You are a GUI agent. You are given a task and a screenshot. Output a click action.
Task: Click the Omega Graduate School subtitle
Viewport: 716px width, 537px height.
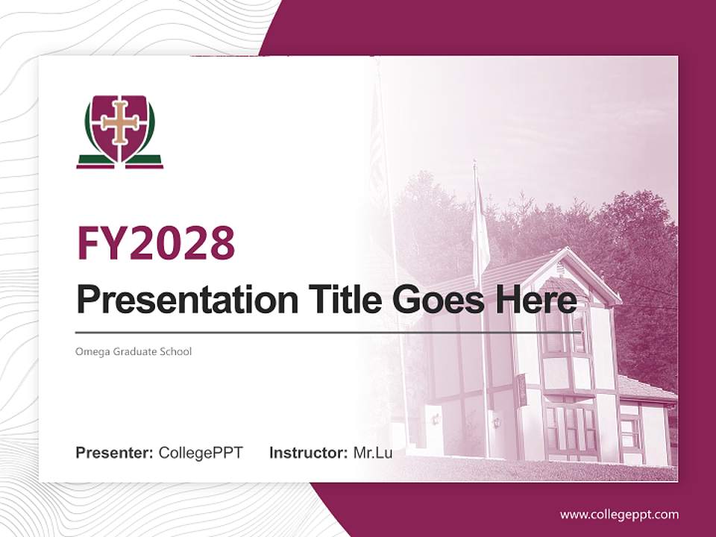point(134,351)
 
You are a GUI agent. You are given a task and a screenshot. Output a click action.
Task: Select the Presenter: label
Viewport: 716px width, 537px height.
point(115,453)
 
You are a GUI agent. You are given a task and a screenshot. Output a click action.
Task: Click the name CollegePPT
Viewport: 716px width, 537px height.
point(201,453)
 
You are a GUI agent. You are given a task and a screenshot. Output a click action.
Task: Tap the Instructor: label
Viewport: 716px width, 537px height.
point(308,453)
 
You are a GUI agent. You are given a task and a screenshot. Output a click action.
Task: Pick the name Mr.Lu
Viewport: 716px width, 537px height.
point(372,453)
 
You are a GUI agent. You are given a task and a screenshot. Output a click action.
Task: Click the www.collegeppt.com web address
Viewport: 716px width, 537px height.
point(619,515)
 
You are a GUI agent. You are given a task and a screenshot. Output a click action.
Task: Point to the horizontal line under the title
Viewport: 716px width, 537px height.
point(328,332)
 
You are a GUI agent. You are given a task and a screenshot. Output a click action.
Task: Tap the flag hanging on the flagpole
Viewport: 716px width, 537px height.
point(480,231)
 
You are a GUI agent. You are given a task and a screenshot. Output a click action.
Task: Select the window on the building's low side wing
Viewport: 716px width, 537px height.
point(630,433)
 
